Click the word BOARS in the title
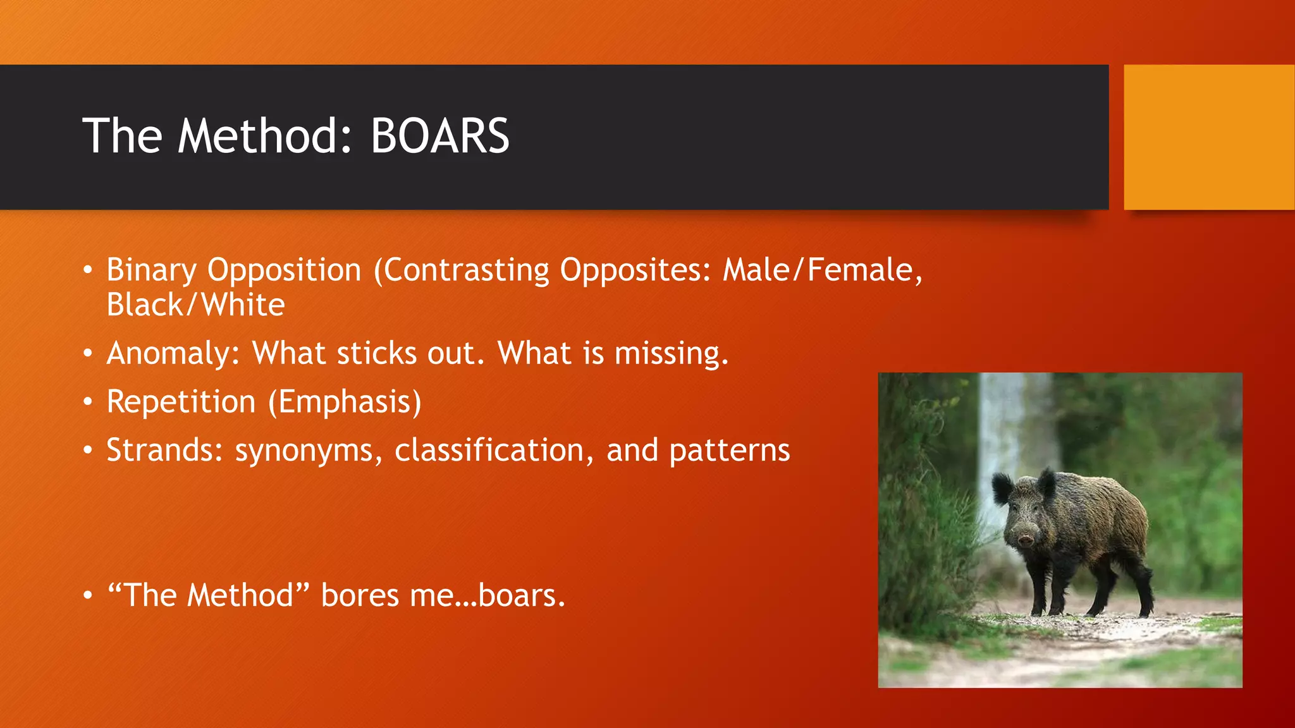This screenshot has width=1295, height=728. coord(439,136)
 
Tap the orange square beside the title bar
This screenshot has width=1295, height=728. coord(1208,137)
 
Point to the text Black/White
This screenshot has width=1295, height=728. coord(195,305)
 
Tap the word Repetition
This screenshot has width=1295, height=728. coord(181,402)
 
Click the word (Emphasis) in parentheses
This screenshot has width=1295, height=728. coord(345,402)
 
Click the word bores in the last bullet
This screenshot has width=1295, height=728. coord(360,595)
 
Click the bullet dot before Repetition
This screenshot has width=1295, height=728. coord(88,402)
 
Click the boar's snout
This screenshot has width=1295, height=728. coord(1025,539)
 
